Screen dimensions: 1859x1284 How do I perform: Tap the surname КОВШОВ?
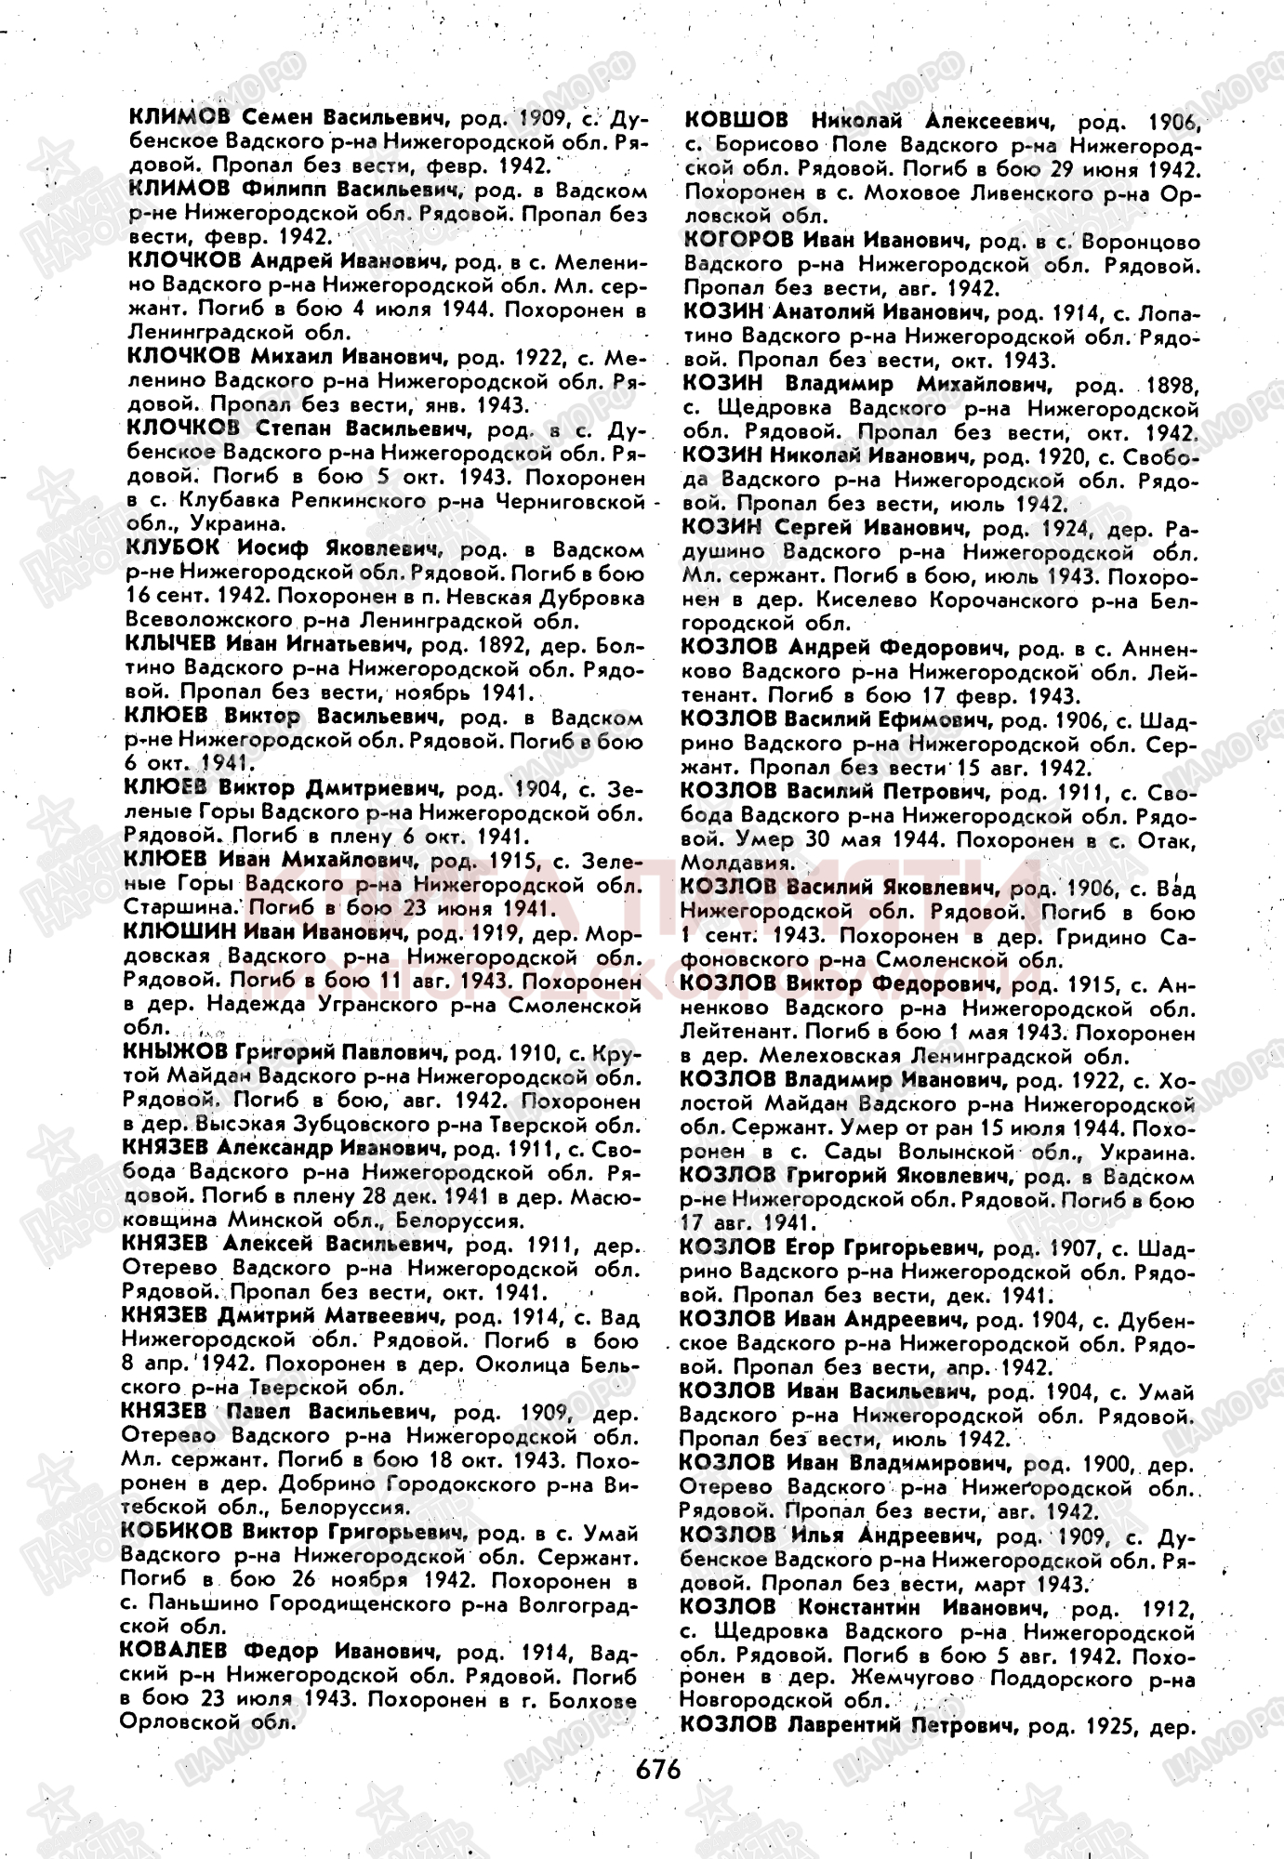coord(736,120)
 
